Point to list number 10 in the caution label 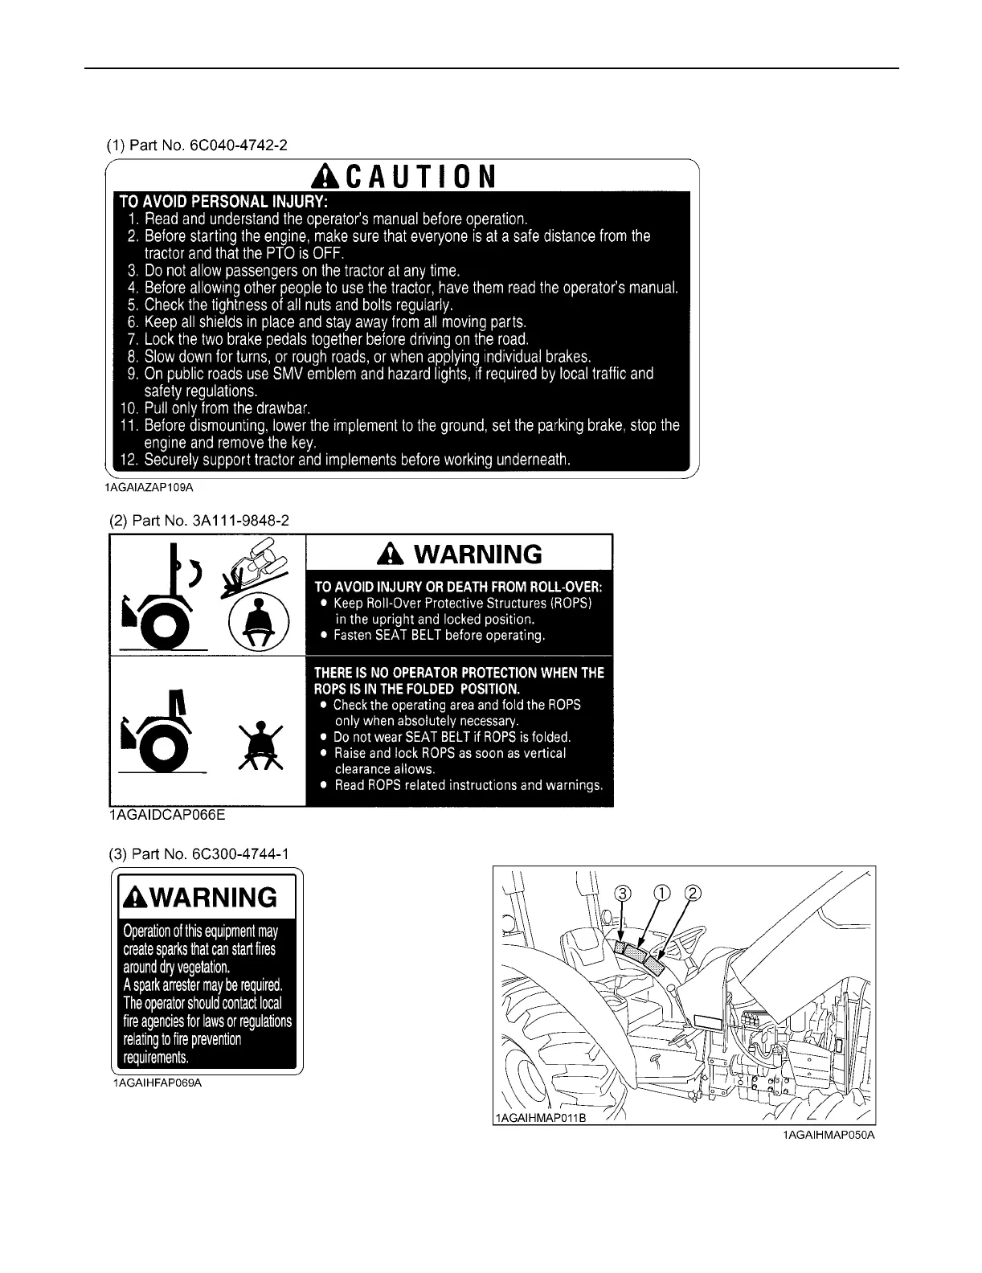pos(129,408)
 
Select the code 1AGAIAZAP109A pos(149,488)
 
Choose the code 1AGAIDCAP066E pos(167,816)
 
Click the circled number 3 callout pos(622,894)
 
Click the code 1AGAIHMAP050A pos(829,1135)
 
